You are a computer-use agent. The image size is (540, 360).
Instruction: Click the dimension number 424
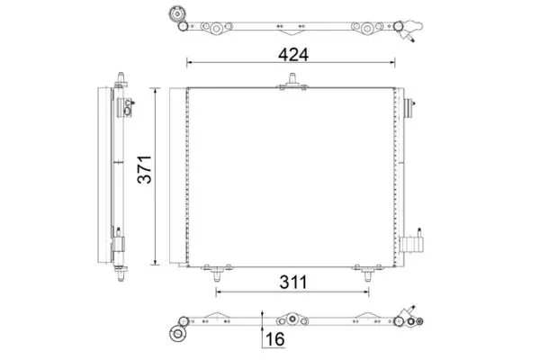(293, 54)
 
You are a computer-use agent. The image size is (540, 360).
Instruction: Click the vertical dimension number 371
(145, 169)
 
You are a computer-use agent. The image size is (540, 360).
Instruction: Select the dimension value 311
(293, 282)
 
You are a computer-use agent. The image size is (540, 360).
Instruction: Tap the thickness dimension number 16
(275, 339)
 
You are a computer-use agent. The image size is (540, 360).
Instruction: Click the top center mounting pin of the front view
(292, 80)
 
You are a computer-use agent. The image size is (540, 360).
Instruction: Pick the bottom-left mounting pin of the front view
(217, 274)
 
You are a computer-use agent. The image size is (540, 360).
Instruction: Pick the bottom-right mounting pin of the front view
(368, 274)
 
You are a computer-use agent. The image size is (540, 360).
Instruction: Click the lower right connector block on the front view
(411, 243)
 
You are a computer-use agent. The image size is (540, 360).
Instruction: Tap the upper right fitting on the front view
(409, 108)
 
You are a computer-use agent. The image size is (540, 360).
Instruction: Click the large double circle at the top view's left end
(177, 14)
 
